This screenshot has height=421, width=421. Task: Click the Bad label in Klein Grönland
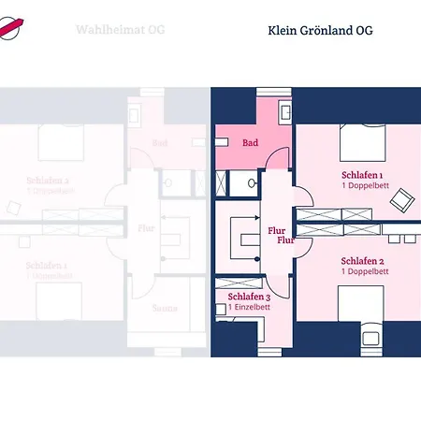click(x=250, y=143)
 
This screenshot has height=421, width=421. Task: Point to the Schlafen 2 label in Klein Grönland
click(x=364, y=261)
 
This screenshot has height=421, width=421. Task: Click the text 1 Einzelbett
click(x=248, y=307)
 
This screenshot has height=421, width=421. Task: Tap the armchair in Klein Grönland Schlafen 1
click(x=403, y=198)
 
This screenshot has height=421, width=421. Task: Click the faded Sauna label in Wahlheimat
click(x=165, y=306)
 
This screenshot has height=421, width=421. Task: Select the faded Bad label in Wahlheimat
click(x=159, y=143)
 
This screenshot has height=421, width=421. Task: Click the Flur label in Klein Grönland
click(x=277, y=230)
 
